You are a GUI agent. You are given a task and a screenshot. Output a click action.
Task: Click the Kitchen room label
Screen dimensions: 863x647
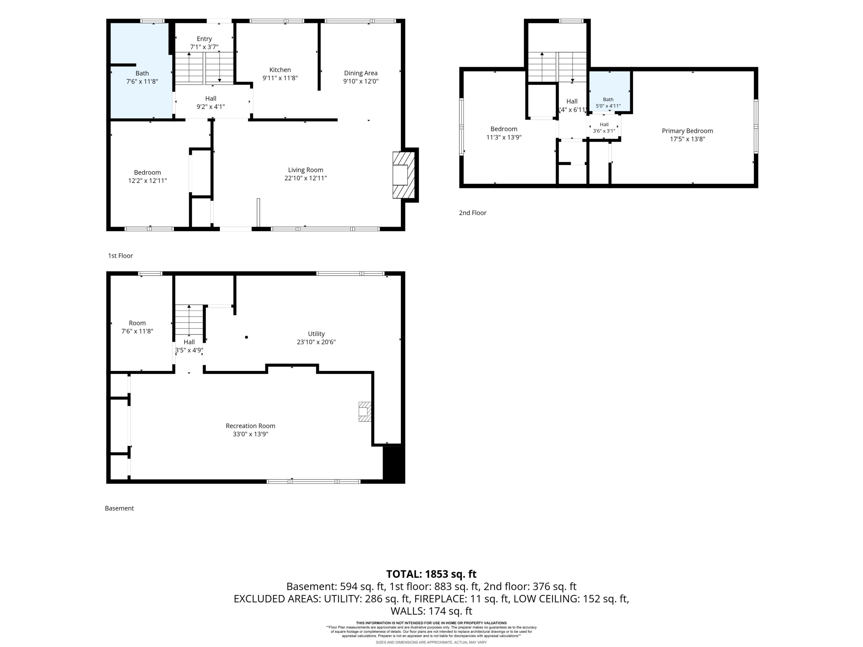point(280,70)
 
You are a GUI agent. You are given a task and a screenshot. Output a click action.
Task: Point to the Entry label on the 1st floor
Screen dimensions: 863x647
point(204,39)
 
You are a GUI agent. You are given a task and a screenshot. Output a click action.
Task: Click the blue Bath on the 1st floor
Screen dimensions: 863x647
point(141,70)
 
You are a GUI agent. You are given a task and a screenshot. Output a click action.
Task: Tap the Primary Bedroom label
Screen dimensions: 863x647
point(687,131)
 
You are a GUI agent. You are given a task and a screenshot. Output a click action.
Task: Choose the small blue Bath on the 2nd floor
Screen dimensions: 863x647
point(609,90)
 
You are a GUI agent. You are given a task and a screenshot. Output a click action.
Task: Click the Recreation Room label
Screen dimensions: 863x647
point(250,426)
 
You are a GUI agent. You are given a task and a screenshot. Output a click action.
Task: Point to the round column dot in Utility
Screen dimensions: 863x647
point(246,337)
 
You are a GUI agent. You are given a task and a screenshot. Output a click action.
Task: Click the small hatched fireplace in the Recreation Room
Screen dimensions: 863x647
point(364,411)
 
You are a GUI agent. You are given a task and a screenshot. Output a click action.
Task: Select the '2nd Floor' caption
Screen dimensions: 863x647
point(473,213)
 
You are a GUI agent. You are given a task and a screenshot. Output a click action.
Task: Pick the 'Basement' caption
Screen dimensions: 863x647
point(119,508)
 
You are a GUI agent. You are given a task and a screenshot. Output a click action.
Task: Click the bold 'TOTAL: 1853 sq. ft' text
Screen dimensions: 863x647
point(431,574)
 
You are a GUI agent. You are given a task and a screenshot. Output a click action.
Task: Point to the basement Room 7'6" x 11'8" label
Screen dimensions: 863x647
point(137,327)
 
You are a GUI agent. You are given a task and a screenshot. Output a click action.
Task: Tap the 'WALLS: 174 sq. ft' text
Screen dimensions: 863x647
point(431,611)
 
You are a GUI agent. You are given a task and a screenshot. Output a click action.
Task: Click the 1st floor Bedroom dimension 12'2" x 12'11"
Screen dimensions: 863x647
point(147,181)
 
